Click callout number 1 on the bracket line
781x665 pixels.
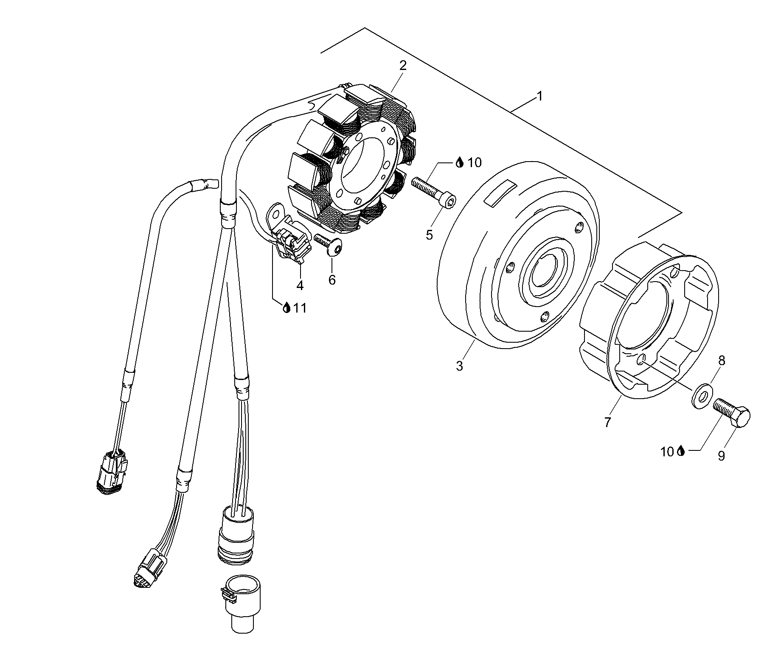(x=539, y=96)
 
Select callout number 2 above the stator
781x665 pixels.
(x=402, y=65)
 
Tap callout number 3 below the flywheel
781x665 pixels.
(x=460, y=366)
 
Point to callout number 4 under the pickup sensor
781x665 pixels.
(x=300, y=285)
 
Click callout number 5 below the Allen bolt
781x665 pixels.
(x=430, y=235)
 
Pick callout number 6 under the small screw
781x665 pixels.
(x=332, y=279)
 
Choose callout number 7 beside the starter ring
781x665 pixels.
(x=608, y=422)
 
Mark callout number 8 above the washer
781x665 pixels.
(x=722, y=361)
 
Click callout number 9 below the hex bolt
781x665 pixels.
(x=721, y=455)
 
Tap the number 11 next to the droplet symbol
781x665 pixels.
(x=300, y=308)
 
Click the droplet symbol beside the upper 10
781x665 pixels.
(x=459, y=162)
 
